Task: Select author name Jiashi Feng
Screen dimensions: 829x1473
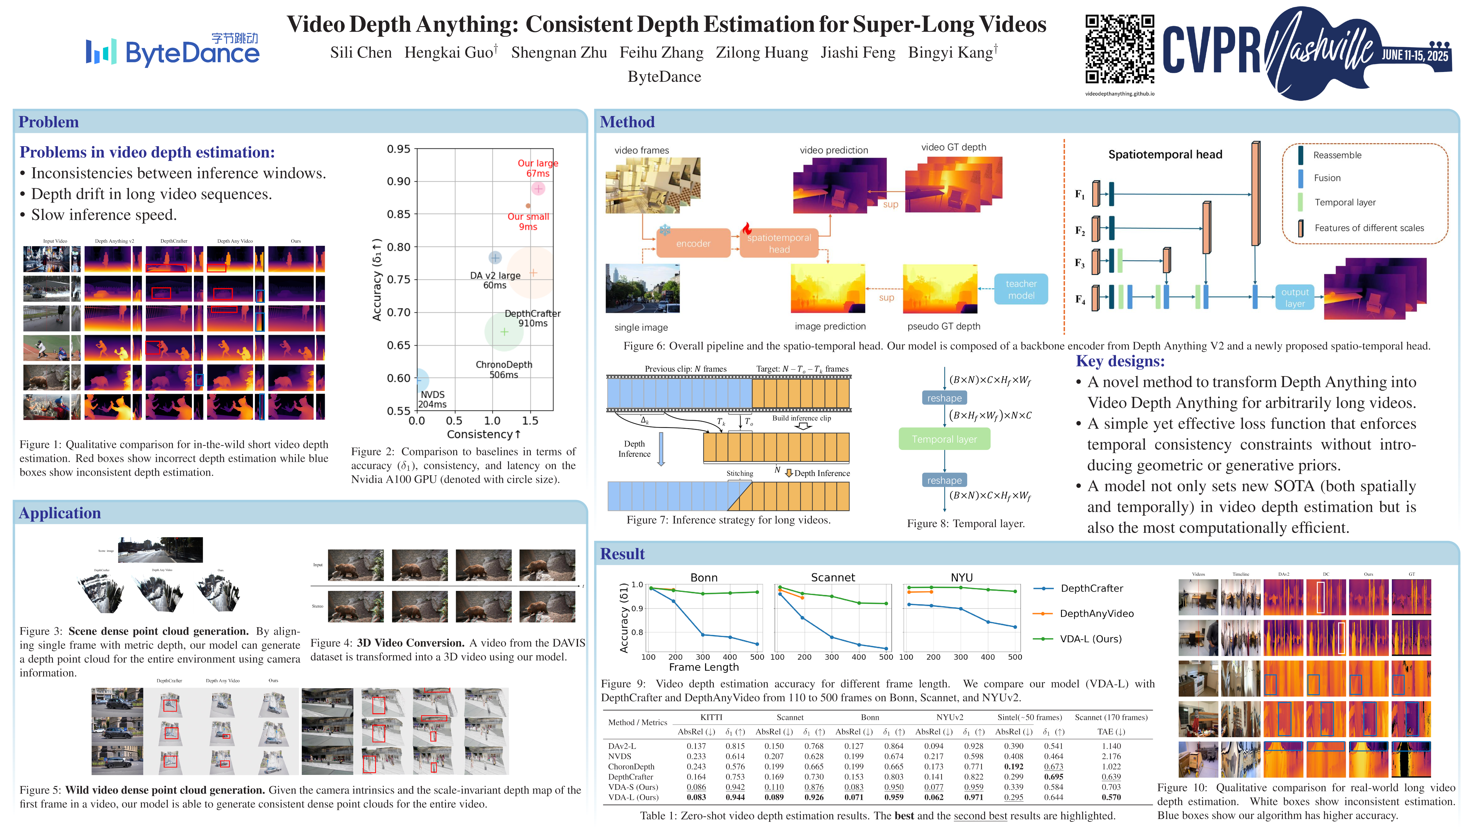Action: coord(858,53)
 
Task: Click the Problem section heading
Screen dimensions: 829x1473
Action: coord(49,122)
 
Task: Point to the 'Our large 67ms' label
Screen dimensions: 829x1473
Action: coord(537,168)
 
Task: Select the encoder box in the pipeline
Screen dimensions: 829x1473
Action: coord(693,243)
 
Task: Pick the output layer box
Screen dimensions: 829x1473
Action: coord(1295,298)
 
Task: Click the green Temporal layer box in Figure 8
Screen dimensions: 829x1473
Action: coord(944,439)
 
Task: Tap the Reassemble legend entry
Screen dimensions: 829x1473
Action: coord(1337,155)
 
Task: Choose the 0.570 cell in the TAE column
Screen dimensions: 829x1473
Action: coord(1111,797)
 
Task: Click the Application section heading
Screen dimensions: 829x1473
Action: coord(60,513)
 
